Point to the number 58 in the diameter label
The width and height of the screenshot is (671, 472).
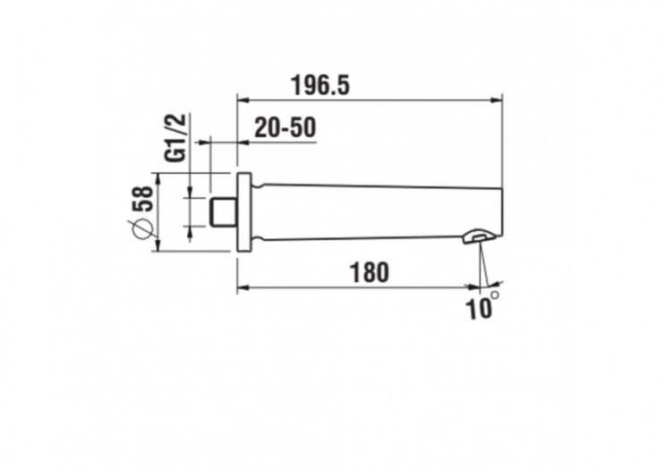tap(142, 198)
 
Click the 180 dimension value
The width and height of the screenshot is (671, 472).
tap(369, 272)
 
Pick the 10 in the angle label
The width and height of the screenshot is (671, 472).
tap(480, 309)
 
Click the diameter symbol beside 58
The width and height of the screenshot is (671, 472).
tap(141, 228)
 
